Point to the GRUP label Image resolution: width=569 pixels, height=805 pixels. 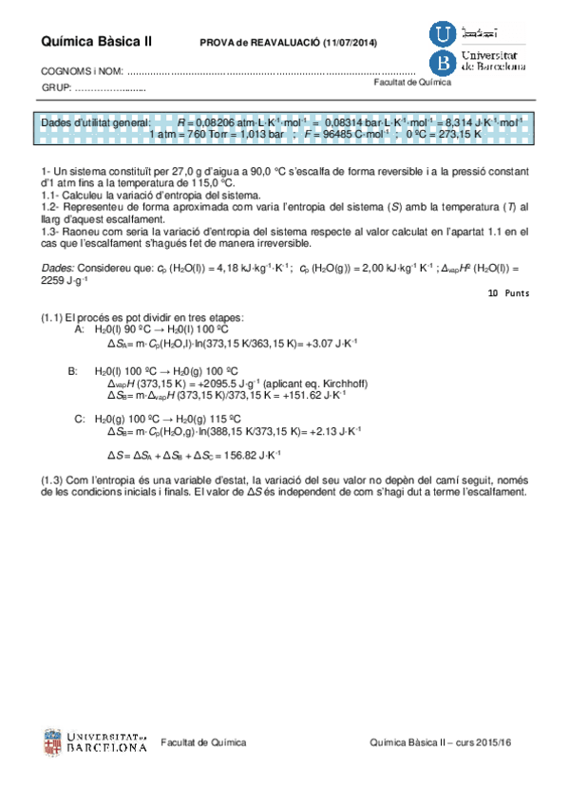(57, 88)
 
